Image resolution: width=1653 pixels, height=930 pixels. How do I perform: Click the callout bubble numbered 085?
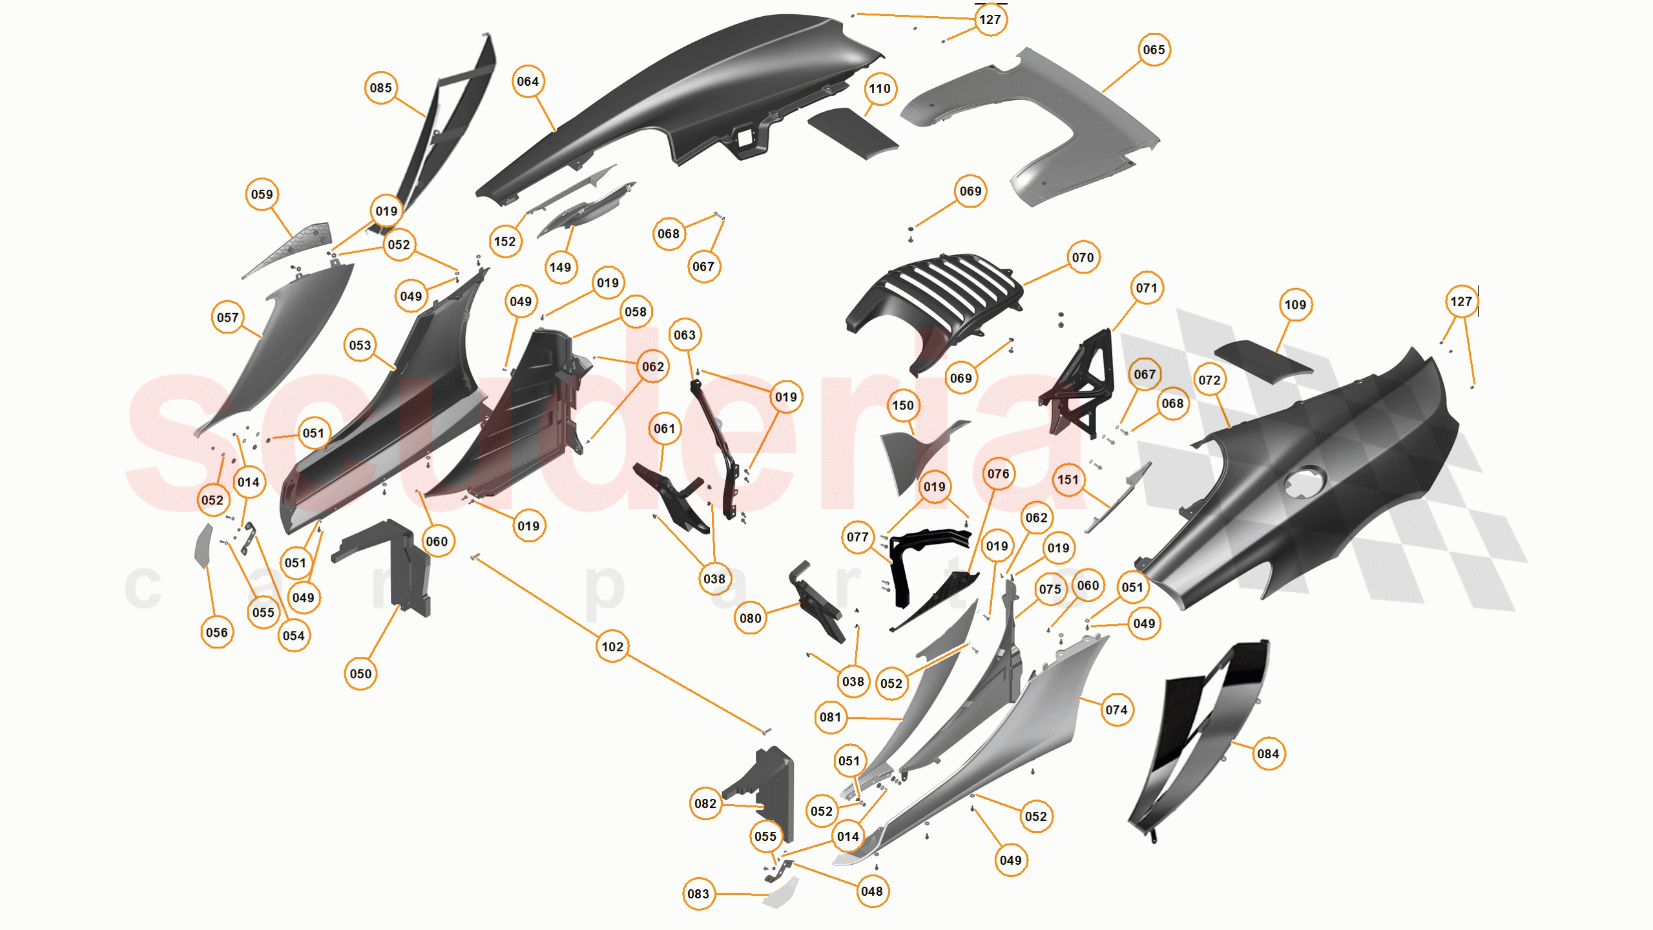pyautogui.click(x=381, y=88)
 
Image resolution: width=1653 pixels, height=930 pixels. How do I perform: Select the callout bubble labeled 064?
pyautogui.click(x=528, y=81)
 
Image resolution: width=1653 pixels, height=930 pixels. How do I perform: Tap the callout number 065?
pyautogui.click(x=1154, y=50)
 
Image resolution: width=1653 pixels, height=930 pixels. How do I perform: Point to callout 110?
pyautogui.click(x=880, y=88)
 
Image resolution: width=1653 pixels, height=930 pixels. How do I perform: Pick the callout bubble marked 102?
pyautogui.click(x=612, y=646)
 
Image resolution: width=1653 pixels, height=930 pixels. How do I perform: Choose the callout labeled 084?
pyautogui.click(x=1268, y=754)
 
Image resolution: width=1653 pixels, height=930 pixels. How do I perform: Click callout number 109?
pyautogui.click(x=1295, y=305)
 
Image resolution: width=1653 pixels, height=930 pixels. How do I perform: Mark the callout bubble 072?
pyautogui.click(x=1210, y=380)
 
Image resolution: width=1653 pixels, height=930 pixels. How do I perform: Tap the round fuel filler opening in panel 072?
pyautogui.click(x=1305, y=482)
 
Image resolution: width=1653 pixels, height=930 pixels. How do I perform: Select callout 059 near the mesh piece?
pyautogui.click(x=262, y=194)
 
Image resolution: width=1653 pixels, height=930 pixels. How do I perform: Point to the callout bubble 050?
pyautogui.click(x=360, y=674)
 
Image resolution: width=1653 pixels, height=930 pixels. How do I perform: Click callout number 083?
pyautogui.click(x=698, y=894)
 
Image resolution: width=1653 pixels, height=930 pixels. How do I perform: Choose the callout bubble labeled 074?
pyautogui.click(x=1116, y=710)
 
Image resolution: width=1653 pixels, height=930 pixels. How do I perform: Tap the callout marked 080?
pyautogui.click(x=750, y=618)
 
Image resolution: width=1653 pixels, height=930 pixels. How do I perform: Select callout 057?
pyautogui.click(x=227, y=318)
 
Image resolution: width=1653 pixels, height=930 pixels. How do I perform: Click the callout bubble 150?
pyautogui.click(x=903, y=406)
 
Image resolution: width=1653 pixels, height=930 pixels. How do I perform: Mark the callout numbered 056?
pyautogui.click(x=216, y=632)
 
